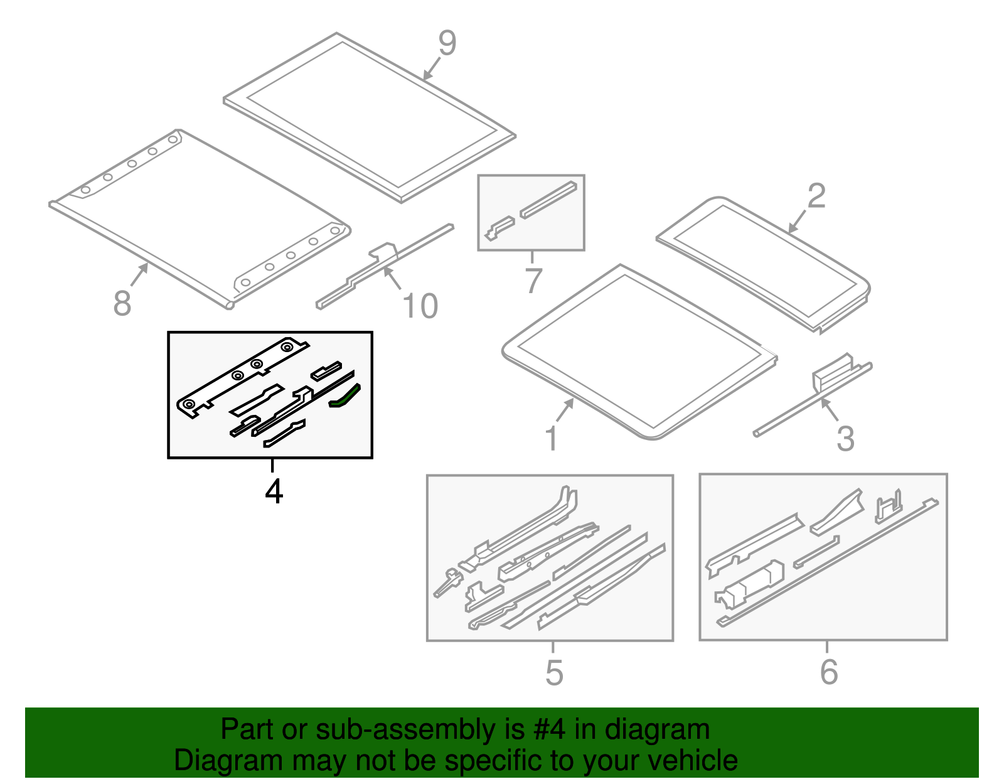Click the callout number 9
(x=447, y=43)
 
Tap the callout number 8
(x=122, y=303)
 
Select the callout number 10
(x=420, y=306)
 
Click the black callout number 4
(x=274, y=491)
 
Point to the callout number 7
(x=533, y=280)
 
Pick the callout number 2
(x=816, y=196)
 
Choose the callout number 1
(x=552, y=438)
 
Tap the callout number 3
(x=845, y=438)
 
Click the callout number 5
(x=554, y=672)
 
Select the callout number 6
(x=829, y=672)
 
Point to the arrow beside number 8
(x=140, y=274)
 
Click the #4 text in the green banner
(x=549, y=730)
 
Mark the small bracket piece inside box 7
(x=499, y=228)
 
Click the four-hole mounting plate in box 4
(x=242, y=375)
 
